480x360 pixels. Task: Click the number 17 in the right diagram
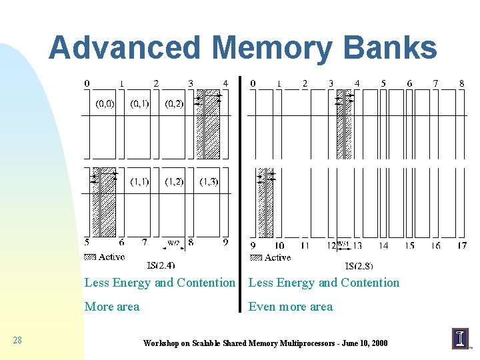(461, 246)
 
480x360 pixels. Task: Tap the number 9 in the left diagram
(225, 243)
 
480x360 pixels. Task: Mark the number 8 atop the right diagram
(461, 83)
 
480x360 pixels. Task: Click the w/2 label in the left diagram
(173, 243)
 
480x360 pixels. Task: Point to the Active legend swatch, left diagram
(91, 257)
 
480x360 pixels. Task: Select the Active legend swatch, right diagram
(255, 257)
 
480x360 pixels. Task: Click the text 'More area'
(112, 307)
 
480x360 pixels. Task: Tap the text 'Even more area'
(290, 307)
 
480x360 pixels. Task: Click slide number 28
(17, 341)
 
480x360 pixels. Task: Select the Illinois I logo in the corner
(460, 338)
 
